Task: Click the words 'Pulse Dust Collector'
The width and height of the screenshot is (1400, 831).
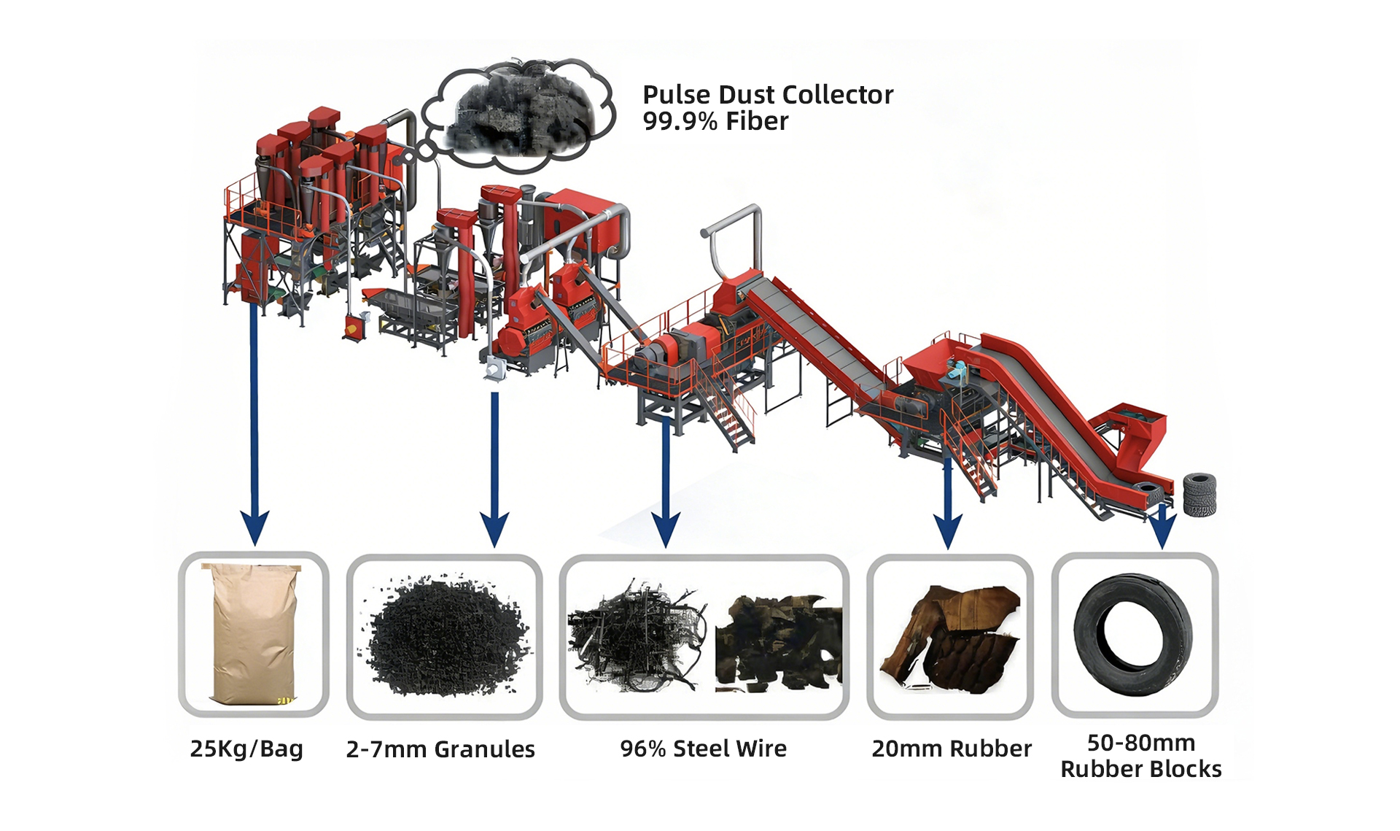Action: pos(767,95)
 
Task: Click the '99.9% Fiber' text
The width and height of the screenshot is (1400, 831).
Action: pos(715,121)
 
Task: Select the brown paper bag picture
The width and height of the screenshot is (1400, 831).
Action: pos(254,633)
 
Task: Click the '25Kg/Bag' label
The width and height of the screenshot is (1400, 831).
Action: pos(246,749)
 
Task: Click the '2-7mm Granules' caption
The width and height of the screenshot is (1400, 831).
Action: pos(440,749)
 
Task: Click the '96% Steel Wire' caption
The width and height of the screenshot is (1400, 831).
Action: pos(703,749)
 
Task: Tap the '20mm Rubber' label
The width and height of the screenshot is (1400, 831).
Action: pos(952,749)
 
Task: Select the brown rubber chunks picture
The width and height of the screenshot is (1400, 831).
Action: pos(950,635)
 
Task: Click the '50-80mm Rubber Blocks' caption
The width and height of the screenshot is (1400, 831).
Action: pos(1140,756)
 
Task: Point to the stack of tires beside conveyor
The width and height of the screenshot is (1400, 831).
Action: pos(1199,494)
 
